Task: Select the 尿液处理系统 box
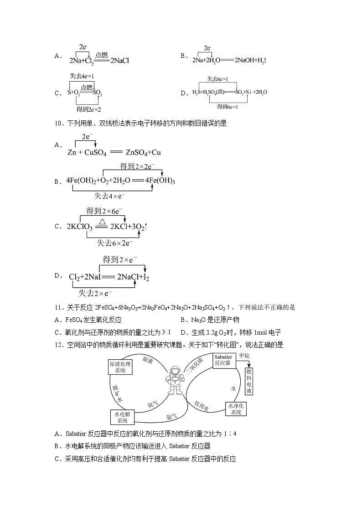coord(120,367)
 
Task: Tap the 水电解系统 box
coord(123,417)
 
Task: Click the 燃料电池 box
coord(249,381)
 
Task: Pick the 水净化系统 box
coord(236,409)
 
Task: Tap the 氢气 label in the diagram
coord(171,416)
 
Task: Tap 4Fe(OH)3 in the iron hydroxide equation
coord(160,181)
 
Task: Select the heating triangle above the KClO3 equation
coord(103,221)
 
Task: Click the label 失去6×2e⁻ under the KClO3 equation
coord(114,243)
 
